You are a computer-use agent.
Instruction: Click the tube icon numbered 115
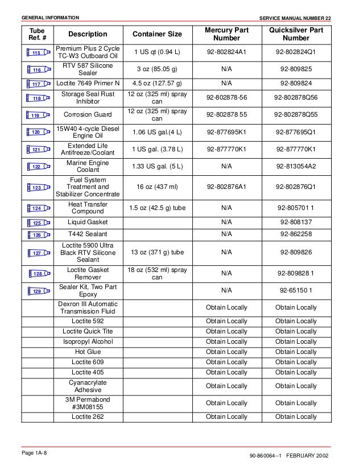[38, 53]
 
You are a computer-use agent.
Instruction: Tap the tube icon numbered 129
[38, 291]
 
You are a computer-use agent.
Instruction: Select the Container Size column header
[157, 35]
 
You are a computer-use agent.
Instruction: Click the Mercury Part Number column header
[226, 34]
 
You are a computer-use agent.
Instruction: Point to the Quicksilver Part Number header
[296, 34]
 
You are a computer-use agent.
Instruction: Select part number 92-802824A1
[226, 53]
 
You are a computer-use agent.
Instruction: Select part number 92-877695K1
[226, 132]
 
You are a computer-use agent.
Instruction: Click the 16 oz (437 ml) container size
[157, 187]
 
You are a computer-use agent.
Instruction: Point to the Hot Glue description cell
[88, 352]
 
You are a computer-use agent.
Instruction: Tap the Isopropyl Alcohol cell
[88, 341]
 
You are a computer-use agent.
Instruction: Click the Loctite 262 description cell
[88, 417]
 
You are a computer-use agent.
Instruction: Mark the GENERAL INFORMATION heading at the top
[50, 18]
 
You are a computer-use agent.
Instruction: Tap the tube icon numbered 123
[38, 187]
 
